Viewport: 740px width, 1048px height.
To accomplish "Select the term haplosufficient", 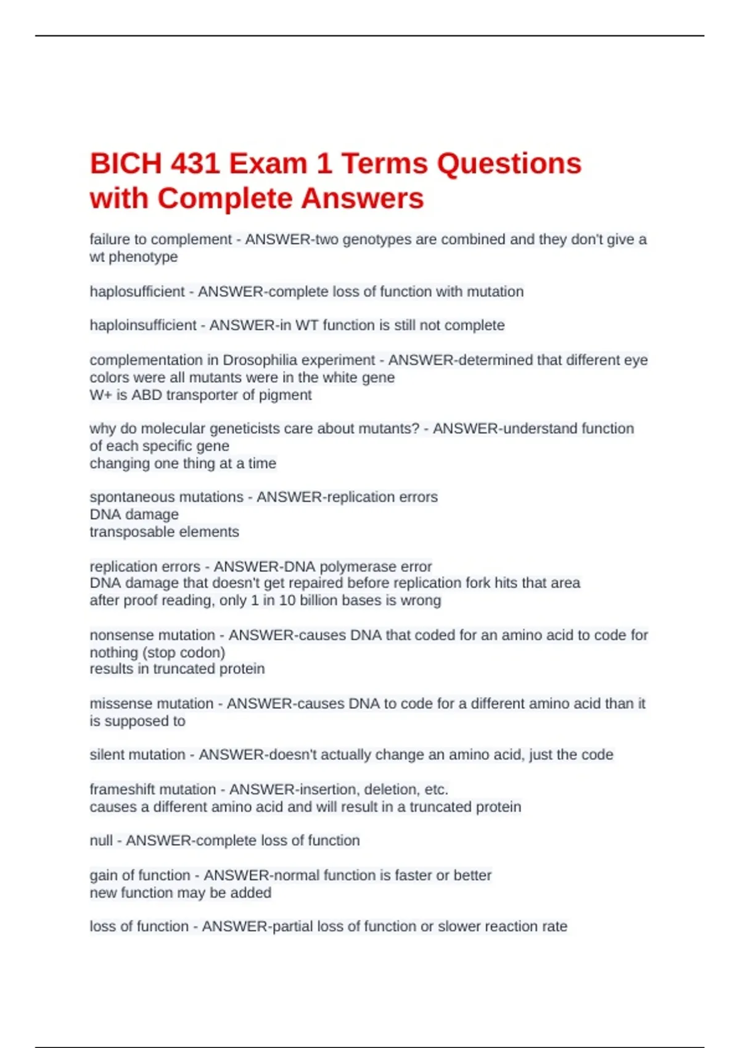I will (x=137, y=292).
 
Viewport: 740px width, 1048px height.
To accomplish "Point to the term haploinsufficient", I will (x=142, y=325).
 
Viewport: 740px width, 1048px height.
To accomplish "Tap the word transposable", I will (x=123, y=532).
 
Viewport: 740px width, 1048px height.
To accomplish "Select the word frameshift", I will (x=122, y=789).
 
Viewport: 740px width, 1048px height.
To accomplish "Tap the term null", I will (x=101, y=841).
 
